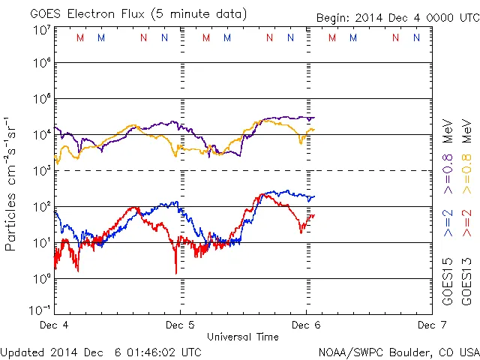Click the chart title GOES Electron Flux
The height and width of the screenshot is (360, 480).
click(x=90, y=13)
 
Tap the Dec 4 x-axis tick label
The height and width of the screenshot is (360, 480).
click(x=54, y=325)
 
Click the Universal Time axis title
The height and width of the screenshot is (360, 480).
click(x=242, y=337)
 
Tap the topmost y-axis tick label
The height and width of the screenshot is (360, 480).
click(x=42, y=29)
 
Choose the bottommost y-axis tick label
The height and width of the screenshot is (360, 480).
click(x=40, y=309)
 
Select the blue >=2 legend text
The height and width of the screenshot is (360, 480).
click(x=448, y=223)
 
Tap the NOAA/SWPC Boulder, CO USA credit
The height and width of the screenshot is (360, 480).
click(x=398, y=352)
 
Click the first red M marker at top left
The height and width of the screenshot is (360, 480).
click(x=80, y=37)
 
